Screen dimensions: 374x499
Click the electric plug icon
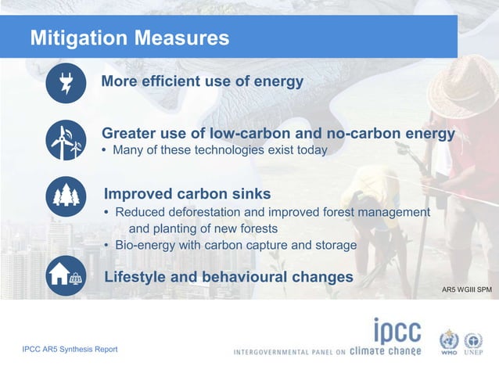[x=66, y=83]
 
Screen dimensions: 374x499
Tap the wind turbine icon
[x=66, y=140]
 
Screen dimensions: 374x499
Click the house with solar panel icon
[x=66, y=275]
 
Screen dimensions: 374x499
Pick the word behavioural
[x=249, y=277]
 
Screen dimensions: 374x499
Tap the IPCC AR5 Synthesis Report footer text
[x=70, y=349]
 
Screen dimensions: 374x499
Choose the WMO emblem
[x=448, y=342]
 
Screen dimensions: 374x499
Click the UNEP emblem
[x=473, y=342]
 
